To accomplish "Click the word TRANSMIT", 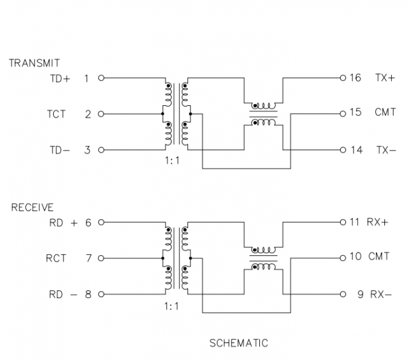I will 34,63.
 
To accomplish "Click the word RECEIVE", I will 32,208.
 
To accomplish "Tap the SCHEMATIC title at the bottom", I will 239,343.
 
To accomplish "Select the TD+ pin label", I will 60,78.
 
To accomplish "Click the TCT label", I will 56,114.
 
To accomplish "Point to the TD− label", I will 60,150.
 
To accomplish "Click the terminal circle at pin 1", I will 101,78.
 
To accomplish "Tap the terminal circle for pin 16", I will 343,78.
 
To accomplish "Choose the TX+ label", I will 385,78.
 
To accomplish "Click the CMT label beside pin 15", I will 385,112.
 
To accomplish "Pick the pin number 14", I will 356,150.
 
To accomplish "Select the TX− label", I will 385,150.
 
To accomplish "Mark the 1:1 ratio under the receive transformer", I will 172,307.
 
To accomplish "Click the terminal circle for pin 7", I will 101,258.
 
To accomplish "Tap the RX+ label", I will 378,222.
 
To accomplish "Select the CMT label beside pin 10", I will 379,257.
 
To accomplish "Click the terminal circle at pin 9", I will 343,295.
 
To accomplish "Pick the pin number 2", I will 88,114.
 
